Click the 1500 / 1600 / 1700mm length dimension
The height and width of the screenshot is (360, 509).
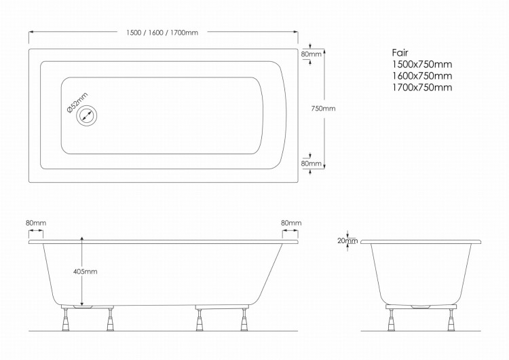coord(162,33)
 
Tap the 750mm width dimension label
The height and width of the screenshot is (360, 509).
coord(323,109)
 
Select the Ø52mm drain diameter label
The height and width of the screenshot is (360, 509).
coord(77,103)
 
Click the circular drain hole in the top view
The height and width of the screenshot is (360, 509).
coord(87,115)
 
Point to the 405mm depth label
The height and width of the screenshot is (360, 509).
coord(85,271)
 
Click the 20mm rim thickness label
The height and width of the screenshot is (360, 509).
coord(347,240)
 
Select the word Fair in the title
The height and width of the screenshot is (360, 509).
coord(400,52)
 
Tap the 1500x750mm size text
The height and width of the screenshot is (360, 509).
coord(422,65)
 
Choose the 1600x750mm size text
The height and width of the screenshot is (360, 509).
coord(422,76)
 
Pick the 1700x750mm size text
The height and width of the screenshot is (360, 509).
coord(422,88)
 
